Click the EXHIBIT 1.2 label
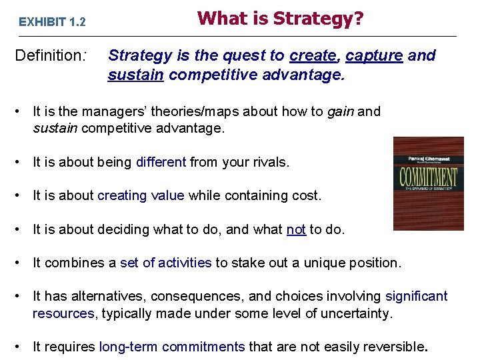pos(52,22)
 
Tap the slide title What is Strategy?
pos(281,18)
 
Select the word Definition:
pos(51,55)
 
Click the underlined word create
pos(311,55)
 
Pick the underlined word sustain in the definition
pos(136,75)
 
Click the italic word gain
pos(341,111)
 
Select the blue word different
pos(161,161)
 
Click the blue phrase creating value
pos(141,195)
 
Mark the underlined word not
pos(295,229)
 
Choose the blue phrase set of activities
pos(165,263)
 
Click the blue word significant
pos(416,296)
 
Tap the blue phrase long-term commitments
pos(171,346)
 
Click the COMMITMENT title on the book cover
pos(428,178)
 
